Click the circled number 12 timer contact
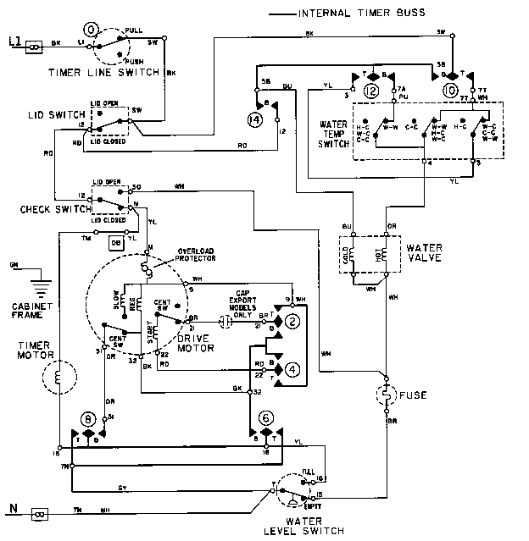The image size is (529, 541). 370,91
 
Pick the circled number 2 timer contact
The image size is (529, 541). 291,322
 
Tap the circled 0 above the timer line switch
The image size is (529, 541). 92,32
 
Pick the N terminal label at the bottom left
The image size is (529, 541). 12,509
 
